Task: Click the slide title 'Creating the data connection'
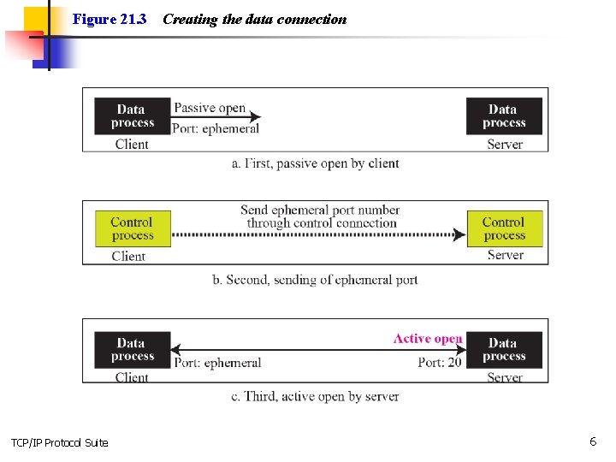click(254, 19)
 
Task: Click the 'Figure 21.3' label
click(110, 19)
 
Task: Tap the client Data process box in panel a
click(132, 116)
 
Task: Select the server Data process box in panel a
click(504, 116)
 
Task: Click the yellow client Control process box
click(133, 228)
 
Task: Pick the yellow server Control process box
click(504, 228)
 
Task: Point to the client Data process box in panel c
click(132, 350)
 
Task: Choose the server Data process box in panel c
click(504, 350)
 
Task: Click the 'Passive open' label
click(210, 109)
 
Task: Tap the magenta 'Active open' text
click(427, 339)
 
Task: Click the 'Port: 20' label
click(440, 362)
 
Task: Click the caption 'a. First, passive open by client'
click(316, 163)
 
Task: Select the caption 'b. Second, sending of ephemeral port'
click(315, 280)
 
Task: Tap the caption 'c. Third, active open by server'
click(315, 396)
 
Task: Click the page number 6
click(592, 441)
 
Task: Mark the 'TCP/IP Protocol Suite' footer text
click(60, 442)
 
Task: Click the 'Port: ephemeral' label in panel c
click(217, 363)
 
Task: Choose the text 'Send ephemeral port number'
click(320, 210)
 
